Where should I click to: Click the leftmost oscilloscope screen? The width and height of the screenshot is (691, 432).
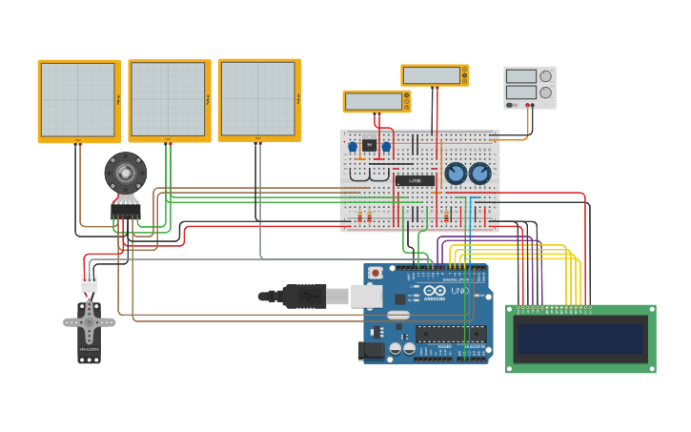tap(77, 100)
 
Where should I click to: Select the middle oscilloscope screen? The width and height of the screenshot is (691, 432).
tap(168, 100)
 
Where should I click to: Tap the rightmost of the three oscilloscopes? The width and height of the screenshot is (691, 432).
tap(257, 99)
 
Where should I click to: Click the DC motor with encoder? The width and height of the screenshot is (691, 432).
tap(125, 174)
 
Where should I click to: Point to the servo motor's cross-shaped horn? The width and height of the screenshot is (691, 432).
tap(89, 322)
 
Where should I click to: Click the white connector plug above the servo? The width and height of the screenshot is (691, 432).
tap(89, 283)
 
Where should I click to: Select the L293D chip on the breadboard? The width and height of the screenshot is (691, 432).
tap(415, 180)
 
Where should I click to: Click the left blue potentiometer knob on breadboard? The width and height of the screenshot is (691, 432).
tap(457, 174)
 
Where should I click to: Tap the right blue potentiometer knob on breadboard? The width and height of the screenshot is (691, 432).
tap(479, 174)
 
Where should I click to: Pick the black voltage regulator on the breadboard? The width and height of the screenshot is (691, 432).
tap(369, 145)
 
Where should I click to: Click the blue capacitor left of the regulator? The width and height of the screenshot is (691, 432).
tap(353, 147)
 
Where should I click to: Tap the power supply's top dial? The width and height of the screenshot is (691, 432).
tap(545, 76)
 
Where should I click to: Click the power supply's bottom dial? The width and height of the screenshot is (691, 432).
tap(545, 93)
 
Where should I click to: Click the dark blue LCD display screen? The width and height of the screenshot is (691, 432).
tap(580, 339)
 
